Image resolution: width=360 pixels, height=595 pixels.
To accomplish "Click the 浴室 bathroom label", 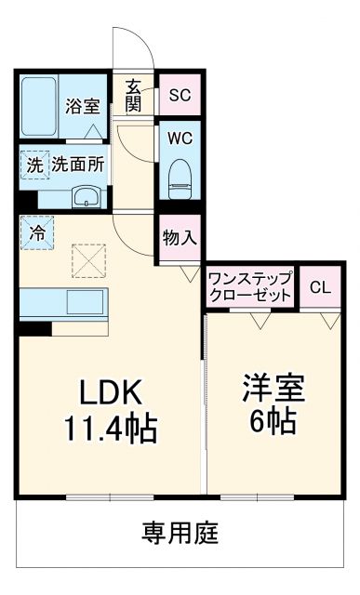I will [x=82, y=106].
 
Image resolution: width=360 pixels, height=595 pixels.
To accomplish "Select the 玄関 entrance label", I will [x=134, y=95].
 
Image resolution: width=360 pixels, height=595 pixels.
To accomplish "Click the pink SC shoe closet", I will [x=179, y=94].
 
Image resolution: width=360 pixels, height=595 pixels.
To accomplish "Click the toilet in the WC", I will [x=180, y=177].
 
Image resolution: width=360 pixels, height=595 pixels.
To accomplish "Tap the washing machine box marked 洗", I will [x=34, y=165].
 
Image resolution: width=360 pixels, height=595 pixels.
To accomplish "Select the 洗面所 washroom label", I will [x=78, y=165].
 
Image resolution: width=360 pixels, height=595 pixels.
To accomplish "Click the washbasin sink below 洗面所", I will [x=87, y=196].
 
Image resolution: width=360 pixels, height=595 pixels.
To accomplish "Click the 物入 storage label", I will [x=179, y=237].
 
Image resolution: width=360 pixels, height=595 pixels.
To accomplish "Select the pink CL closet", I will [x=319, y=287].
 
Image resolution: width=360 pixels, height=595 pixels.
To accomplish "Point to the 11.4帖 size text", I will [x=109, y=429].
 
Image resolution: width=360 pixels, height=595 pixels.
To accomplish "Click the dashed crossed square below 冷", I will [x=90, y=261].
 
